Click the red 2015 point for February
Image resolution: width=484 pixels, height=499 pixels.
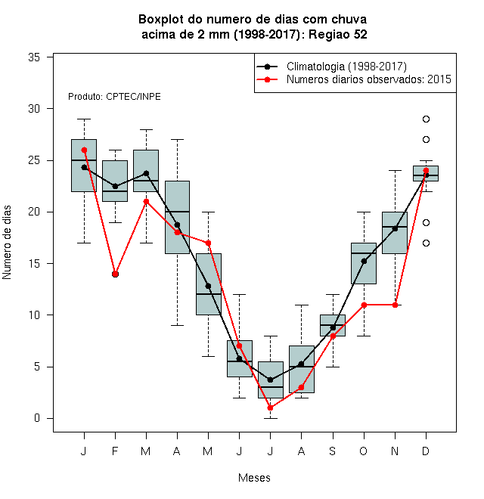pos(115,274)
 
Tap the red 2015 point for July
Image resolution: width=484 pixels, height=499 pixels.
pos(270,408)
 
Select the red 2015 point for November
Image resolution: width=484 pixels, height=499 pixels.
pos(395,305)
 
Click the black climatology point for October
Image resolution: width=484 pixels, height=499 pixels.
pos(364,262)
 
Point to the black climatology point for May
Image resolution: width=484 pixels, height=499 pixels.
pos(208,286)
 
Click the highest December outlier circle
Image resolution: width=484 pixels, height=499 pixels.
pos(426,119)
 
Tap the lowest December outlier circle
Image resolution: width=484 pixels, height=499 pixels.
pos(426,243)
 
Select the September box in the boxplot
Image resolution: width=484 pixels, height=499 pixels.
pos(333,325)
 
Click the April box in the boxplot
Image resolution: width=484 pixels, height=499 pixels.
pos(178,217)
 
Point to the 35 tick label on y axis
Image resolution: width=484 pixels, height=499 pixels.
pos(34,57)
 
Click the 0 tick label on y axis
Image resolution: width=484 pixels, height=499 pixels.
pos(37,418)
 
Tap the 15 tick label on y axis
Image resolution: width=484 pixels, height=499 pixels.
pos(34,264)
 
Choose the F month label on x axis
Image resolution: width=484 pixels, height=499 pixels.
pos(115,451)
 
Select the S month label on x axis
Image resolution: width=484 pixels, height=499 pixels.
pos(333,451)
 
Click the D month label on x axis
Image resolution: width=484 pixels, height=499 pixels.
pos(426,451)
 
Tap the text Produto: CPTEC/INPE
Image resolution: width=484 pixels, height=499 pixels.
pos(114,97)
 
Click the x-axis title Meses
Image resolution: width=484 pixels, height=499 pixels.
pos(254,478)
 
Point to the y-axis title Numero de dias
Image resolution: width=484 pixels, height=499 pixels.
pos(7,243)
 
